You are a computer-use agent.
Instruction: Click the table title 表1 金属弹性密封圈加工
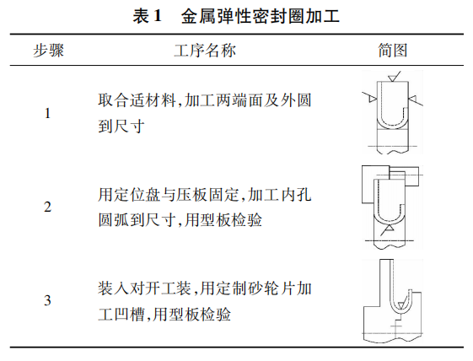pos(236,16)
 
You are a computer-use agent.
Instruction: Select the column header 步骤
pos(49,51)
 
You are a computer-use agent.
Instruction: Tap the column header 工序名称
pos(205,51)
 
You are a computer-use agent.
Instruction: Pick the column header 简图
pos(393,51)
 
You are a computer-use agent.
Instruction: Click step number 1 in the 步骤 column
pos(47,114)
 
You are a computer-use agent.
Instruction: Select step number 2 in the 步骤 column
pos(47,207)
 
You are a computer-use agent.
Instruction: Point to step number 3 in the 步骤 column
pos(47,300)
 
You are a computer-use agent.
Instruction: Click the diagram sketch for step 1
pos(392,112)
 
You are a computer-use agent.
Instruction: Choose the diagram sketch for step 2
pos(391,207)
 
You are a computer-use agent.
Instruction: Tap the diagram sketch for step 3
pos(392,301)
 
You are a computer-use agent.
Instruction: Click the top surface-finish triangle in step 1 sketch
pos(394,78)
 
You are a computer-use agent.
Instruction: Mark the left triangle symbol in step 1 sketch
pos(372,99)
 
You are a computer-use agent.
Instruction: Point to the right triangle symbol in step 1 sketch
pos(412,99)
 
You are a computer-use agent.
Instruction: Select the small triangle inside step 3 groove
pos(400,305)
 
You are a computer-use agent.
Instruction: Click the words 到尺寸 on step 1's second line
pos(121,127)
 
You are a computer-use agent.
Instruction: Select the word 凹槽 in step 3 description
pos(129,315)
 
